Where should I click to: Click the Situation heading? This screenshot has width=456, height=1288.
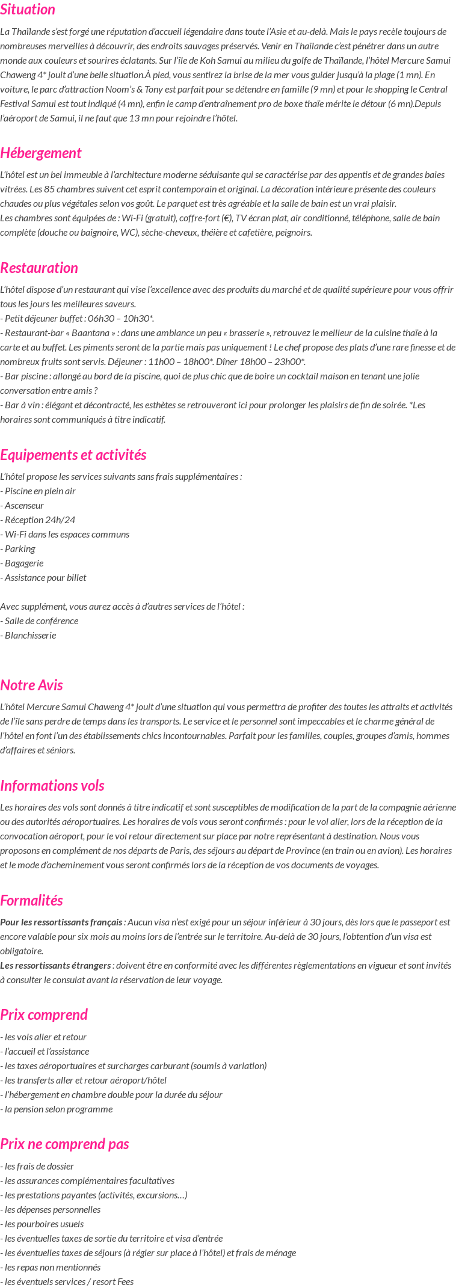(x=28, y=10)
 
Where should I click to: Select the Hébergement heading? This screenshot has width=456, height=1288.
(x=41, y=153)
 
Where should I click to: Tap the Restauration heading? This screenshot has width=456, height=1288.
(x=39, y=268)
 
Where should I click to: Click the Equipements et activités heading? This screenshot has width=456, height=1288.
(x=73, y=455)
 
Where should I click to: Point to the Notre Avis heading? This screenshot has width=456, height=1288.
(x=31, y=685)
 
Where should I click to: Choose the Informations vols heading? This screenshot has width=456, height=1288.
(x=52, y=786)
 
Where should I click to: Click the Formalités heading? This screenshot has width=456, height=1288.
(x=31, y=901)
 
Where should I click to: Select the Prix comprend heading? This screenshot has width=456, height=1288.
(x=44, y=1015)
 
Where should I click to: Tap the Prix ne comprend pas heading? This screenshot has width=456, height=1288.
(x=64, y=1144)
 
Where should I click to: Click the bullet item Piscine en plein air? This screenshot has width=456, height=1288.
(x=40, y=491)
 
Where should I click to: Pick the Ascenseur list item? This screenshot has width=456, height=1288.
(x=24, y=506)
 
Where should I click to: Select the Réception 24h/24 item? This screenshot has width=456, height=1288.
(x=40, y=520)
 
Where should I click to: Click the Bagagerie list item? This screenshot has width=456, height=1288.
(x=23, y=563)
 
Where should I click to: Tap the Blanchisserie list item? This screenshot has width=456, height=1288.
(x=30, y=636)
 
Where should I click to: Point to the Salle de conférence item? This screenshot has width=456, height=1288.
(x=41, y=621)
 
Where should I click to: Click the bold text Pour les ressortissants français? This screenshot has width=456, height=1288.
(x=61, y=922)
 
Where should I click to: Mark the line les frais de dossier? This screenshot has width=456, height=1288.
(x=39, y=1167)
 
